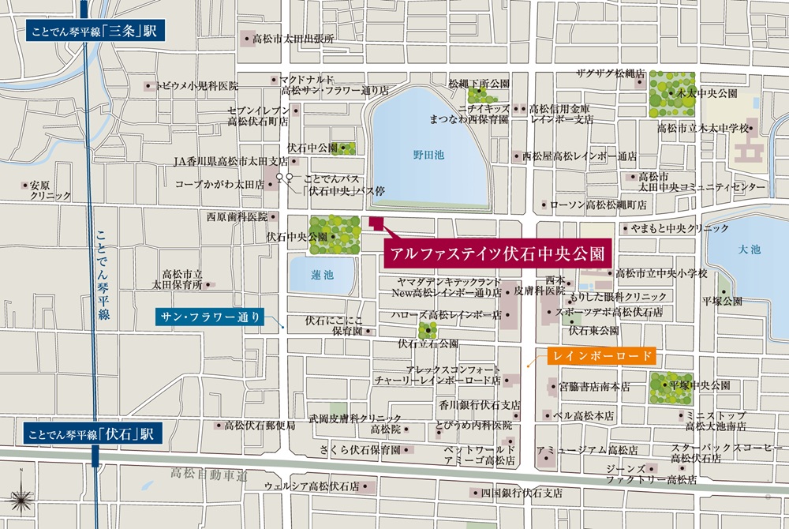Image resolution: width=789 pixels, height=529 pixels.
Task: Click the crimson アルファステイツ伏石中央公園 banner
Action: click(x=497, y=254)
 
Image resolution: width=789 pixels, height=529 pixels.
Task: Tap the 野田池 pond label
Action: click(x=428, y=156)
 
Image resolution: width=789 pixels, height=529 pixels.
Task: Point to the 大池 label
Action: click(x=750, y=249)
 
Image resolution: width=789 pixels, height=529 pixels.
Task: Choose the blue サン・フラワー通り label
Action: click(x=207, y=317)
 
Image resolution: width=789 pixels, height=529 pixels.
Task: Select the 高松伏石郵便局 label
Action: click(x=260, y=425)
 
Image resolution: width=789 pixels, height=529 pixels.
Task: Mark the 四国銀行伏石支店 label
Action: click(x=522, y=493)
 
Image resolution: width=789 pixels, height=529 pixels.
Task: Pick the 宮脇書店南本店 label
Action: click(x=594, y=386)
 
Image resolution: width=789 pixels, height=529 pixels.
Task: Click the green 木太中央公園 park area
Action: click(x=671, y=94)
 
